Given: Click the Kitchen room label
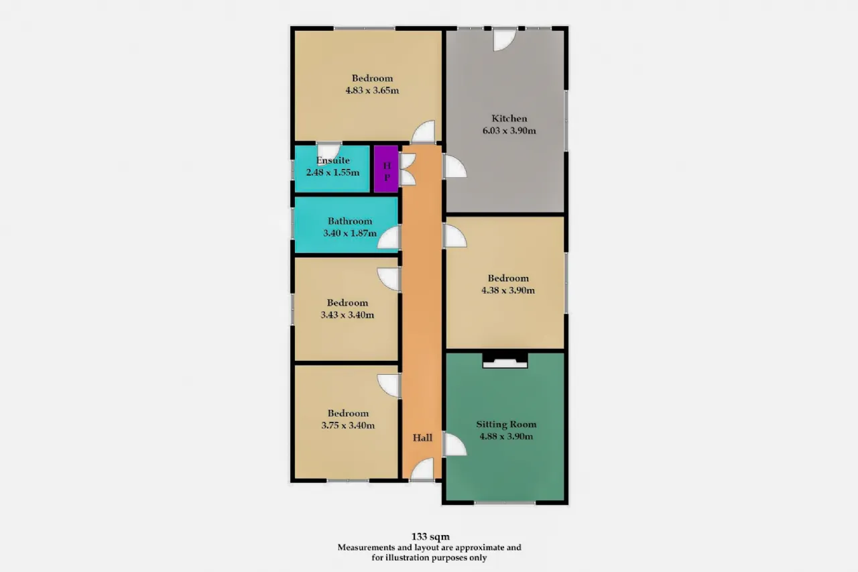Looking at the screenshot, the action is [509, 119].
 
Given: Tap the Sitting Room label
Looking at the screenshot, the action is [506, 424].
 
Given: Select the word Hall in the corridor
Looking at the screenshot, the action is [422, 437].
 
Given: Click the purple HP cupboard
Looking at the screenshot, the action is [386, 169].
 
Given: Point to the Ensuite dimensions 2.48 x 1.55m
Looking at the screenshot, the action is [332, 172].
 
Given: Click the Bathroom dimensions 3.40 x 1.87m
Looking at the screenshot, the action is [350, 233].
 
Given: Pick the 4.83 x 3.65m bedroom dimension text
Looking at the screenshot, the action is [372, 91].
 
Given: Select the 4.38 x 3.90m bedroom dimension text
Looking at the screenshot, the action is [508, 290].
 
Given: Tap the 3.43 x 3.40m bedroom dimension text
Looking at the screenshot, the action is [347, 315].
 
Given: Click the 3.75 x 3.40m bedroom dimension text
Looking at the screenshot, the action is [348, 425].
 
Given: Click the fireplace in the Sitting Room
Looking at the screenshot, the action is [505, 361].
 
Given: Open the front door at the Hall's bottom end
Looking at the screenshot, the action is [422, 469].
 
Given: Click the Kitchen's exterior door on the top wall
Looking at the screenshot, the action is [504, 40].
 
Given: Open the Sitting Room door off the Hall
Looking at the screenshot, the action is [454, 445].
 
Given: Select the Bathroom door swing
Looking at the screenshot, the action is [389, 237].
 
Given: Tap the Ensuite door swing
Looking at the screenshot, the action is [328, 150].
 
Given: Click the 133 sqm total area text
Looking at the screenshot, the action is [430, 536].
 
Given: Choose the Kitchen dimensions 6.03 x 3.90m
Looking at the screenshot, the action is [509, 131].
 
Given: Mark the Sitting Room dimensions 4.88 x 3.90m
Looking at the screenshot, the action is [506, 437].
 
